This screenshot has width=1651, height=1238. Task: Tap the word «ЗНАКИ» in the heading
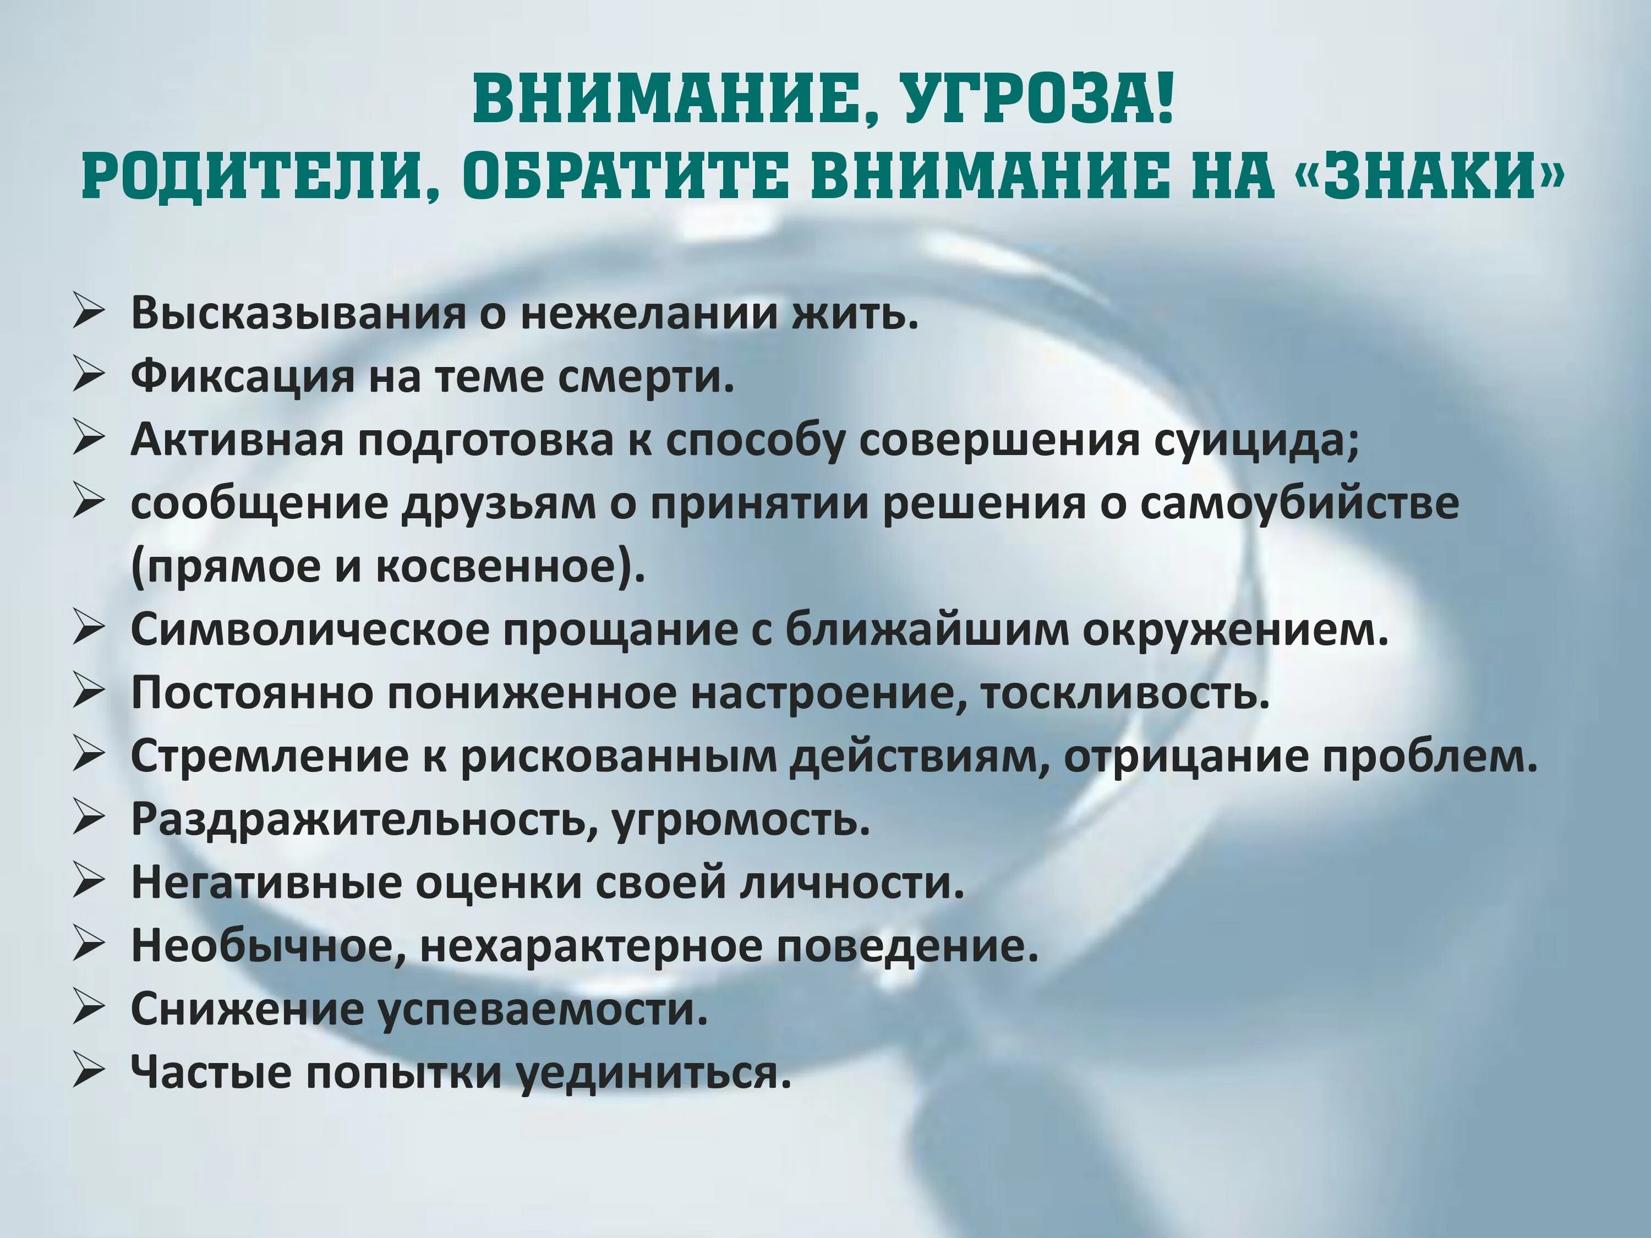1429,177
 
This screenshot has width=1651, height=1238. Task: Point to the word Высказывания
298,314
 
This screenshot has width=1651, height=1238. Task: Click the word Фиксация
243,377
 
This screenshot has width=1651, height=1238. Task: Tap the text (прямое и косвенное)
387,567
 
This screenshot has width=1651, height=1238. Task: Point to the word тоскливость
1124,694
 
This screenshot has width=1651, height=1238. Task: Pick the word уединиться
654,1074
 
